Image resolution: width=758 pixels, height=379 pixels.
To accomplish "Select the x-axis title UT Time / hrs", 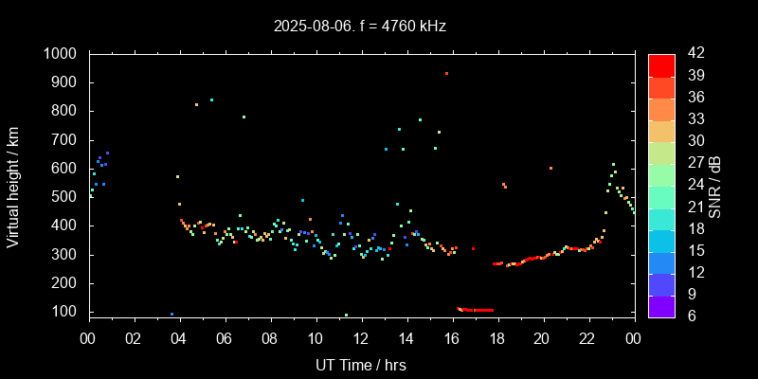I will (x=361, y=364).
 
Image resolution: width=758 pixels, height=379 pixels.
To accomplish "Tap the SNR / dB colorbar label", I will (x=715, y=185).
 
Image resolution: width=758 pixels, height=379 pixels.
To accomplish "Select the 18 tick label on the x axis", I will (x=497, y=337).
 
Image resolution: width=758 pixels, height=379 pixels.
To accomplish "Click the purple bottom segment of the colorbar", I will (x=661, y=306).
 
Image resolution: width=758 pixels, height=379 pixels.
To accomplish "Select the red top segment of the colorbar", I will (x=661, y=64).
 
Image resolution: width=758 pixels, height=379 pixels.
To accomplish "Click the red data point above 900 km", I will (x=446, y=73).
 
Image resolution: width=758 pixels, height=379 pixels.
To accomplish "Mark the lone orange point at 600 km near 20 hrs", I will (x=550, y=168).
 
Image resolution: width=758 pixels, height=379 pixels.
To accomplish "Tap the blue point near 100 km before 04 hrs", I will (x=171, y=314).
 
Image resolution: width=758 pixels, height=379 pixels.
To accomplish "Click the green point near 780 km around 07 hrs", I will (x=244, y=117).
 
